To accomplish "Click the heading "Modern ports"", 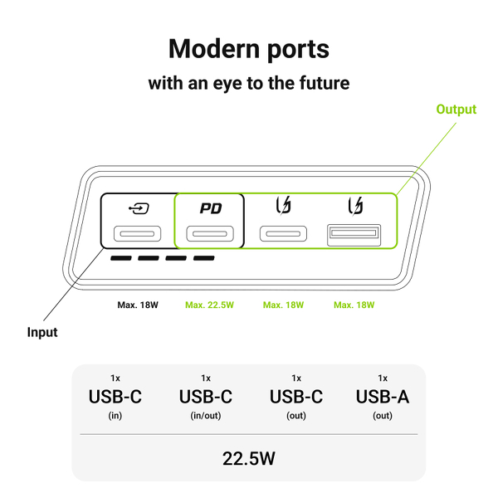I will point(248,49).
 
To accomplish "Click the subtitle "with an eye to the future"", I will point(248,83).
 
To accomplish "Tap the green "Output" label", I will point(456,110).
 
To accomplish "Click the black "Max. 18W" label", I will point(138,305).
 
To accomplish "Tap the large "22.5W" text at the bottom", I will point(248,457).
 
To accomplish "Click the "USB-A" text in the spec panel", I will point(383,398).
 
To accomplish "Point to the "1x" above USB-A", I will point(383,378).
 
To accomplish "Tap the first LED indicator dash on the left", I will point(120,259).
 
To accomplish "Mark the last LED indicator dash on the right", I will point(204,259).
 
